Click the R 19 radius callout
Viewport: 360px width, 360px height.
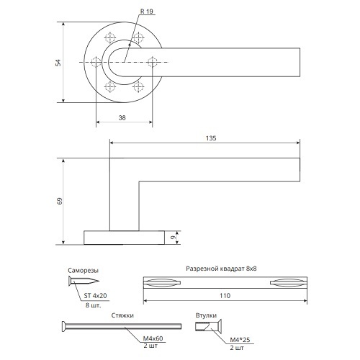tap(147, 12)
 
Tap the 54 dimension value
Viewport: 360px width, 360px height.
tap(58, 63)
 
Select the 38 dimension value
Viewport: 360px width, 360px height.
tap(122, 117)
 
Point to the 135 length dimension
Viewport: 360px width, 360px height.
tap(211, 138)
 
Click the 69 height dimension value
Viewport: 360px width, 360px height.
tap(60, 201)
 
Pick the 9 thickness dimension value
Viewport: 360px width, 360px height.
tap(173, 238)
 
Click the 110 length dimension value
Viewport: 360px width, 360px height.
tap(225, 295)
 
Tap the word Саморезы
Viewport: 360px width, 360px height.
tap(83, 271)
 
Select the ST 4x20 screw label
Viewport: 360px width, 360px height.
tap(95, 296)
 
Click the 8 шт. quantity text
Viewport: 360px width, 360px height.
tap(93, 305)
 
